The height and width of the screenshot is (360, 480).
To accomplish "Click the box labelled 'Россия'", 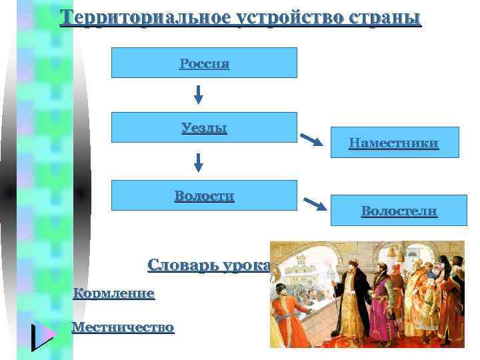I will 204,63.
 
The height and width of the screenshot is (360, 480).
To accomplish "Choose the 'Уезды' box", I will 204,127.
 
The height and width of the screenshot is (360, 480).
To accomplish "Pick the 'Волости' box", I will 204,195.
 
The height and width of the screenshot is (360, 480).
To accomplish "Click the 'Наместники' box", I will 393,142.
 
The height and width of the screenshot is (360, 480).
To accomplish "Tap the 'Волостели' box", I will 399,211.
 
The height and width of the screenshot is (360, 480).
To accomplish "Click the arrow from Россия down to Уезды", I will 198,95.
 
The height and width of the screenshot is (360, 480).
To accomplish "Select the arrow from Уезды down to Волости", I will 198,162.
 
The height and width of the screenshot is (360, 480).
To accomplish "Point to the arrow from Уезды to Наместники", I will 312,139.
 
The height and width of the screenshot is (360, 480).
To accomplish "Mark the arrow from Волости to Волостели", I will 315,204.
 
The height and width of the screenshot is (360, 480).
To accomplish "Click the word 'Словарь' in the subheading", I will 181,265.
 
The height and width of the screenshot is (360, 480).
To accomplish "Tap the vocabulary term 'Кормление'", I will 113,293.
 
